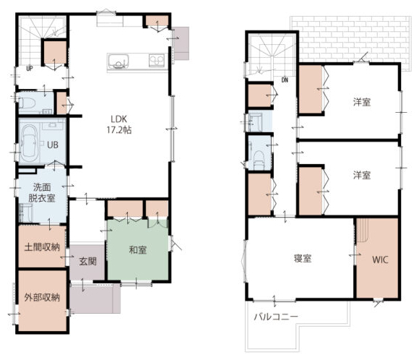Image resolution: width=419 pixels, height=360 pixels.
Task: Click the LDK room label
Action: click(119, 119)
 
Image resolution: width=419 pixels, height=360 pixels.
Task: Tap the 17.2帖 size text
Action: click(119, 130)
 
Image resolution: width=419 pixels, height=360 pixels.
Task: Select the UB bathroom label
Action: click(53, 145)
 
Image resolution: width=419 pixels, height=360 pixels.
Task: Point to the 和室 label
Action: click(137, 250)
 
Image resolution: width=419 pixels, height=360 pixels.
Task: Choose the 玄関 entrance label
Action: click(87, 261)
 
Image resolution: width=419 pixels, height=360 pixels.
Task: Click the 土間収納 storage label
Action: click(42, 247)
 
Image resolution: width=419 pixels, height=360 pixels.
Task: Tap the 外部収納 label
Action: click(42, 297)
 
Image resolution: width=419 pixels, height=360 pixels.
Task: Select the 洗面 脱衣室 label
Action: click(42, 192)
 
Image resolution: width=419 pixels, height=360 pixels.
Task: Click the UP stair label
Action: click(30, 69)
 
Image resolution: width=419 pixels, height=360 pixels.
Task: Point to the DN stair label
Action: click(285, 80)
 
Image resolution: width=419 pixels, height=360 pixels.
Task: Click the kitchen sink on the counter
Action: click(118, 61)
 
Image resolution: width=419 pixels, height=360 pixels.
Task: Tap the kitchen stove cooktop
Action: click(157, 61)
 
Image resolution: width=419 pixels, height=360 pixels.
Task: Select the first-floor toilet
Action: click(27, 103)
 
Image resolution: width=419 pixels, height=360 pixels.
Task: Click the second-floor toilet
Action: click(259, 160)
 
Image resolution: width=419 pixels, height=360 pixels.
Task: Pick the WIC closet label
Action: click(380, 260)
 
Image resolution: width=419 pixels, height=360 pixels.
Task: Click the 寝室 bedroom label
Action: click(303, 258)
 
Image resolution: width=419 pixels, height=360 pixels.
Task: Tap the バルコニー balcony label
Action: click(276, 317)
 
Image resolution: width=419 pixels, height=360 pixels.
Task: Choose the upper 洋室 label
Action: click(362, 102)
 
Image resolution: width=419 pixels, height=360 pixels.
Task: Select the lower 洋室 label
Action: click(362, 175)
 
